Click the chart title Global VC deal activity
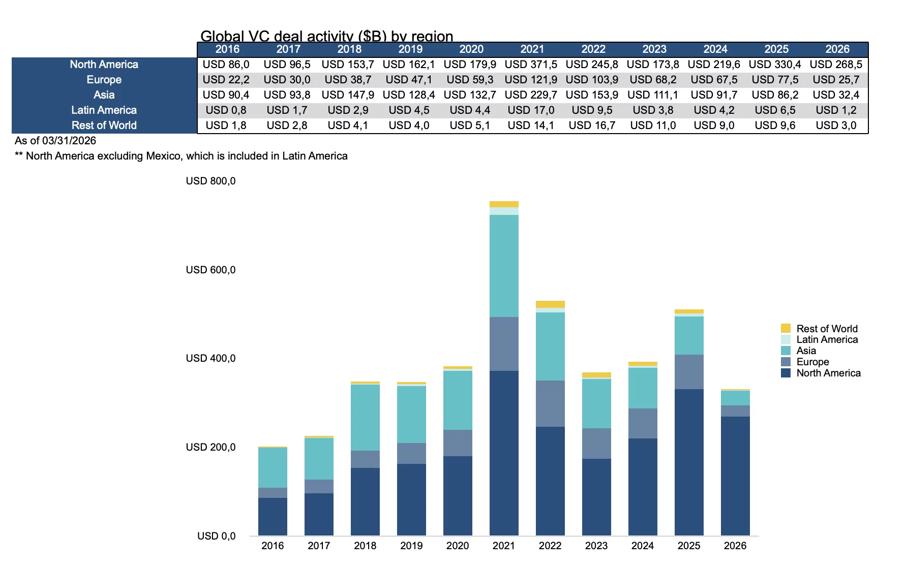[326, 36]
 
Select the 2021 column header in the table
[532, 49]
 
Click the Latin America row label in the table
[104, 110]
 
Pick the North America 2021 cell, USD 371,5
[531, 65]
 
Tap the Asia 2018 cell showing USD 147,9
[348, 95]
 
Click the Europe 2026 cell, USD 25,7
[836, 80]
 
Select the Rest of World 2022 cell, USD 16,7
[592, 125]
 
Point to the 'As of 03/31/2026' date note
[55, 141]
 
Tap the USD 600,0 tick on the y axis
[210, 270]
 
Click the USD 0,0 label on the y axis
[216, 536]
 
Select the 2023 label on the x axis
[596, 546]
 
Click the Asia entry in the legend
[806, 351]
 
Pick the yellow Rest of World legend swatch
[786, 328]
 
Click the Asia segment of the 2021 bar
[504, 266]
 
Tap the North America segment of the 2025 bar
[689, 462]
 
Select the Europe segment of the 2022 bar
[550, 403]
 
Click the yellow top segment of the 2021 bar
[504, 204]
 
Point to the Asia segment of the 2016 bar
[273, 467]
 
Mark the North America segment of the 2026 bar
[735, 476]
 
